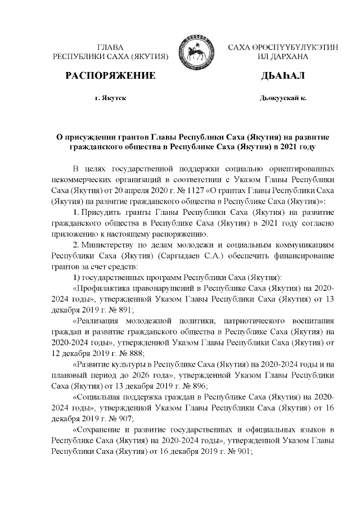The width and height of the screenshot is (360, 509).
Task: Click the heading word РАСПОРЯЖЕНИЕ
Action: [110, 76]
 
